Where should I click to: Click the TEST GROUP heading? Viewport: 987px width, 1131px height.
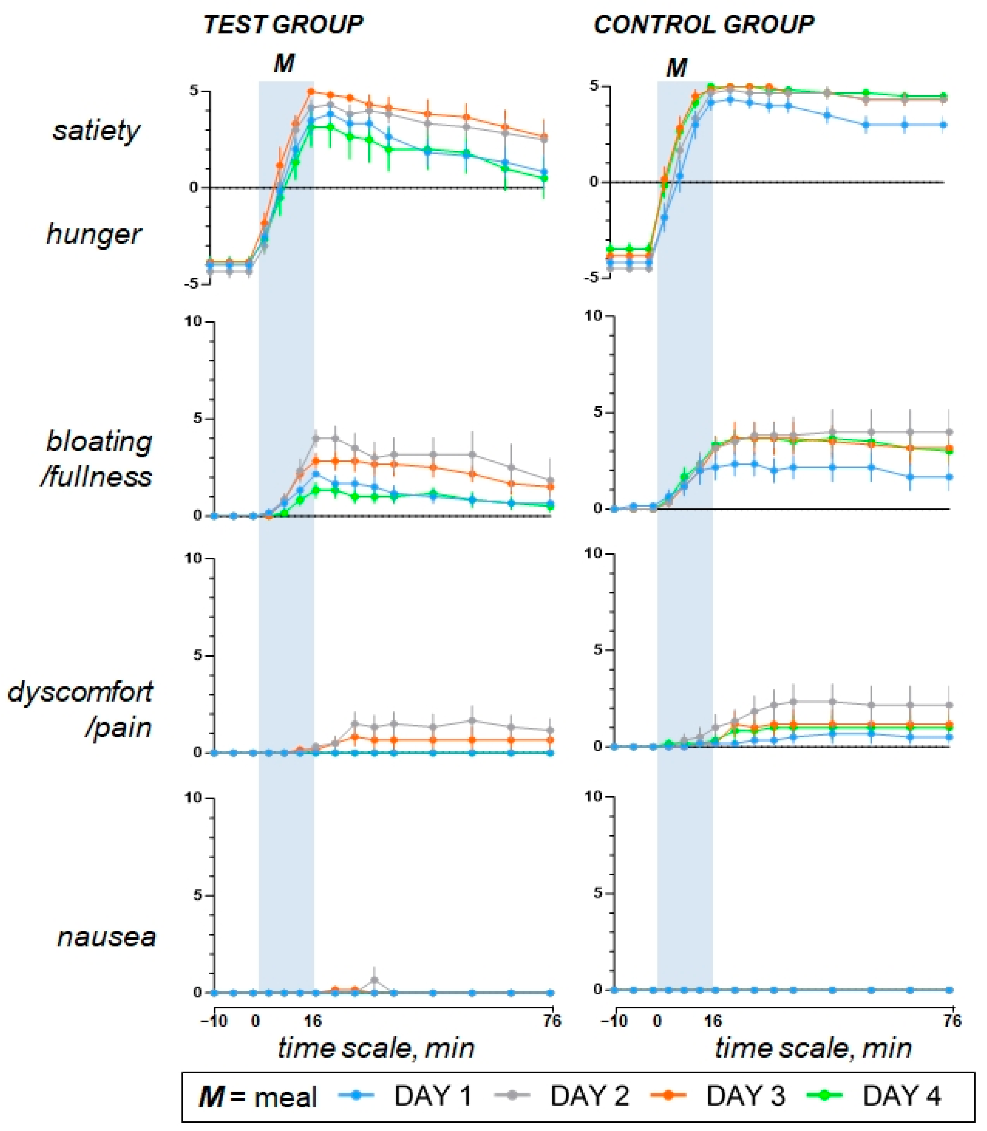[283, 25]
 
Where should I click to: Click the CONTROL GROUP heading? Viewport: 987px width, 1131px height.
[703, 25]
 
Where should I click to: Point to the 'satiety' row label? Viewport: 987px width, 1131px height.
[96, 131]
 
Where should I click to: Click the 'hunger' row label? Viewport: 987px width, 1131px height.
[94, 234]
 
